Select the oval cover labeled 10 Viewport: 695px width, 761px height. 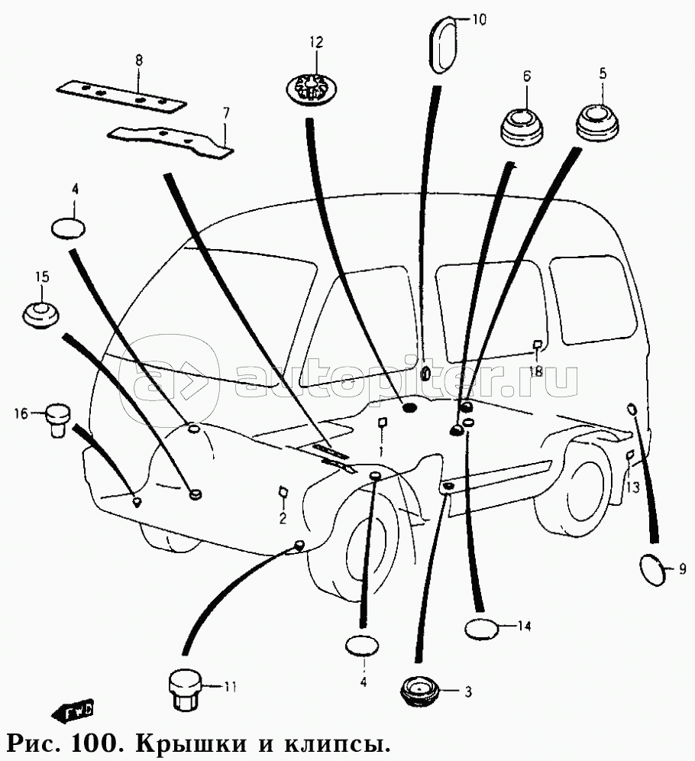[x=442, y=44]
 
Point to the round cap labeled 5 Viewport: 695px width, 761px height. [x=597, y=122]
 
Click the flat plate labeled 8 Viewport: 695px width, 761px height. [x=121, y=96]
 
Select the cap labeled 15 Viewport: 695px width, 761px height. [x=40, y=315]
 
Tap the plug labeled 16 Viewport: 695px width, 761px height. [x=58, y=419]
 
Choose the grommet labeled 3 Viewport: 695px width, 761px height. [x=420, y=691]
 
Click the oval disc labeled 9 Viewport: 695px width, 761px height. [x=652, y=569]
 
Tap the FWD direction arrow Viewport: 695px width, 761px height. [x=73, y=711]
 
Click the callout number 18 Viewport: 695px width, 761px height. [x=536, y=372]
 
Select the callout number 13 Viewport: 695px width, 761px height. [x=633, y=487]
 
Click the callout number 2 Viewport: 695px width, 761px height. [x=283, y=518]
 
